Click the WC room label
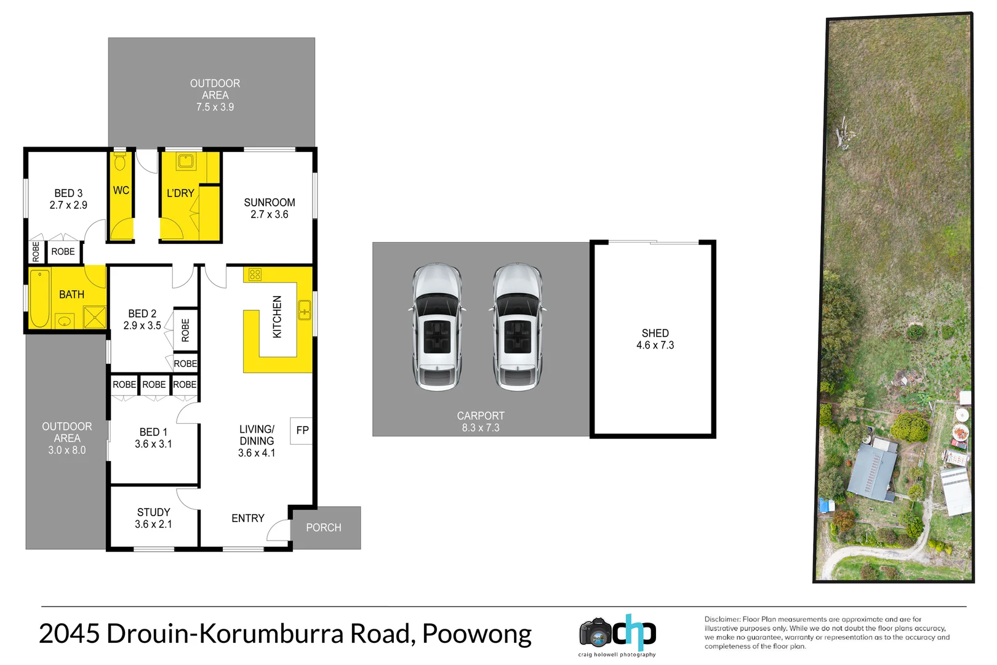[x=121, y=190]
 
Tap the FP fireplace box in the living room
[x=302, y=430]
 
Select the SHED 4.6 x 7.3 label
[x=655, y=339]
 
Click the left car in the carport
[x=437, y=327]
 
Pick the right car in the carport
[x=518, y=327]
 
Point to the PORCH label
[x=324, y=528]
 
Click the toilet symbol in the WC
[x=120, y=163]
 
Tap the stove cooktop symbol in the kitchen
[x=255, y=275]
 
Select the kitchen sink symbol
[x=304, y=310]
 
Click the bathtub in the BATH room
[x=40, y=298]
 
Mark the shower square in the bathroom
[x=94, y=317]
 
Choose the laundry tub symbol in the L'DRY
[x=185, y=162]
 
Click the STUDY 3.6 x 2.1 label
[x=153, y=518]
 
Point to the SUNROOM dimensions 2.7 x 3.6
[x=270, y=214]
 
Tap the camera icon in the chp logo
[x=595, y=632]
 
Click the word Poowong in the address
[x=477, y=634]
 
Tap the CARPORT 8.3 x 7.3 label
[x=481, y=422]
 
